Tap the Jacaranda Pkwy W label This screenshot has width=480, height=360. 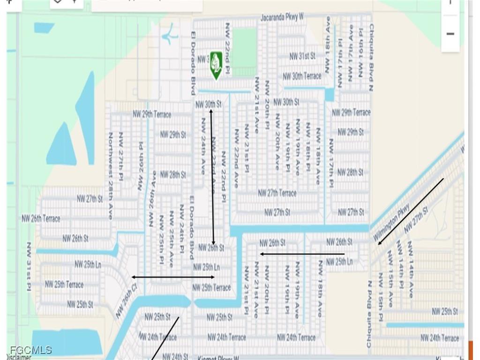282,17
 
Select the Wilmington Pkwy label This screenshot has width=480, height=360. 391,223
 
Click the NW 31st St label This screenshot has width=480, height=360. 302,56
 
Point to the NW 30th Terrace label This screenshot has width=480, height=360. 302,76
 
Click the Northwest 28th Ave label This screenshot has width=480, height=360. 111,169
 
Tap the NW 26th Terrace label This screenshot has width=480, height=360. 41,218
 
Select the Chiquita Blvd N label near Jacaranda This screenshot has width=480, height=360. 371,57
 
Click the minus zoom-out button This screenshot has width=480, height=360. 450,34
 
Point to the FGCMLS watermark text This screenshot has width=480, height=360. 31,350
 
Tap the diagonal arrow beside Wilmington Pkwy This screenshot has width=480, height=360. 411,211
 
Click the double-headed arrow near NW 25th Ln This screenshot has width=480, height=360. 173,277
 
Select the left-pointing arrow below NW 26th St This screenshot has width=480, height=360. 302,254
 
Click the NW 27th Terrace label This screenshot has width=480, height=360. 277,193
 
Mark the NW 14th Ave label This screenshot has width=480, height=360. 411,269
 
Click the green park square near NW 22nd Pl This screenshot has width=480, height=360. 244,45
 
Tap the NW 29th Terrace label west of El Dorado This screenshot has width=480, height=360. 152,114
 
